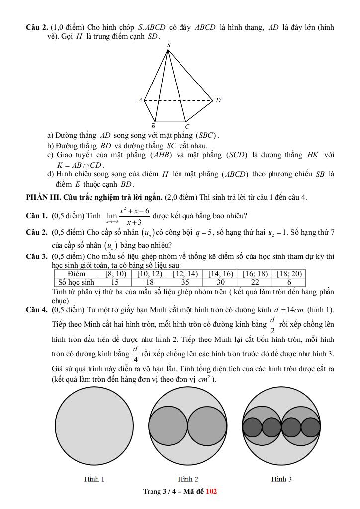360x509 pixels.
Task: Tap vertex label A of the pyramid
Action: tap(140, 100)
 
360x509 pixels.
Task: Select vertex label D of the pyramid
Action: tap(218, 100)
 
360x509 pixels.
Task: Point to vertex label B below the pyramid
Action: tap(154, 126)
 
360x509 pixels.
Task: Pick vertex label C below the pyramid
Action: tap(187, 127)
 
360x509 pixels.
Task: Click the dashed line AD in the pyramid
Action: tap(179, 100)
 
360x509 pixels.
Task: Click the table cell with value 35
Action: tap(185, 282)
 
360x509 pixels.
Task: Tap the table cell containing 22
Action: tap(255, 282)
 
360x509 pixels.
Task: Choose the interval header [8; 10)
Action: tap(115, 274)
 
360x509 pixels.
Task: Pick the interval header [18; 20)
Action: tap(289, 274)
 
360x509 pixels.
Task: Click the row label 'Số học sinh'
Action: tap(76, 282)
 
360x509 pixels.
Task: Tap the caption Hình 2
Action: tap(188, 479)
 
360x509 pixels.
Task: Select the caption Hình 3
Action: tap(281, 479)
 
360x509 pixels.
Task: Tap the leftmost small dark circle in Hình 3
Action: tap(252, 427)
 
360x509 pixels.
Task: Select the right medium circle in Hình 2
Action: tap(207, 426)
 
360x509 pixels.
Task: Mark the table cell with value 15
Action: tap(115, 282)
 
